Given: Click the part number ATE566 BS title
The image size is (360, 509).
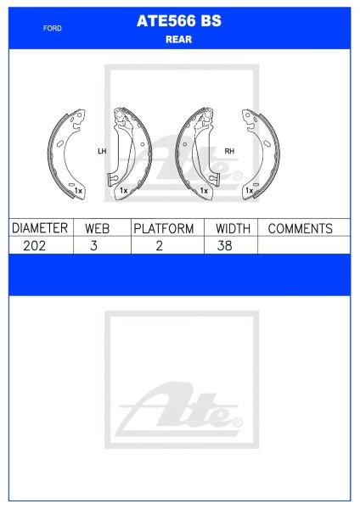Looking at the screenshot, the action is click(179, 20).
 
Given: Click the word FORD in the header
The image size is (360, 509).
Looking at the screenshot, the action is click(53, 28).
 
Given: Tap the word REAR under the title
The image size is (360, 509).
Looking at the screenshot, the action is click(178, 39).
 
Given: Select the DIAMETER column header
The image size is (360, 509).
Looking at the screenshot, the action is click(40, 228).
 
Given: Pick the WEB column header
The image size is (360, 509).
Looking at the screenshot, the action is click(97, 228).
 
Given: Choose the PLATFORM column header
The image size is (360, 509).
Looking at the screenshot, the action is click(164, 228).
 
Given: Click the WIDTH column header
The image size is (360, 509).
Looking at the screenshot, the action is click(233, 228).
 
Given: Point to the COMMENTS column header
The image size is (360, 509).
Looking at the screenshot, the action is click(301, 228).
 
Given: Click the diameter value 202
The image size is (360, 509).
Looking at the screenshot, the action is click(35, 246).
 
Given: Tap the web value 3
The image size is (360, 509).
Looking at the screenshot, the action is click(94, 246).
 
